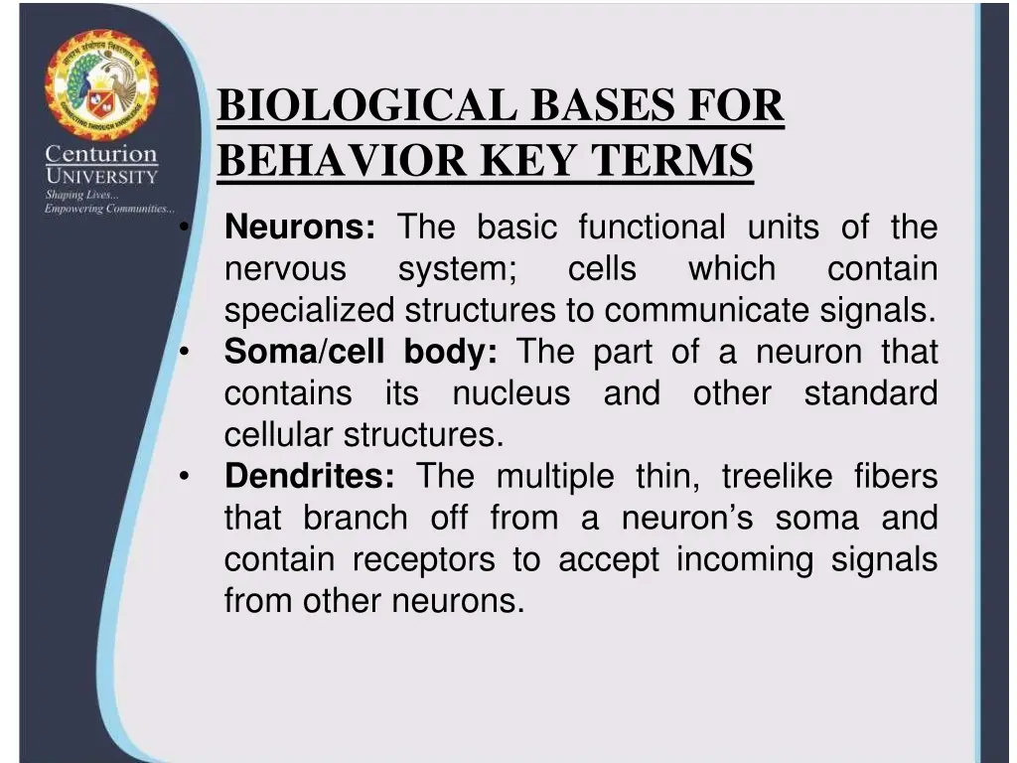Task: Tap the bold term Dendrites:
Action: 310,477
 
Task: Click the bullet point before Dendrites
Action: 185,478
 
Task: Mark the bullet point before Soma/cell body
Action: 185,353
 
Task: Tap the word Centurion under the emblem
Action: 101,155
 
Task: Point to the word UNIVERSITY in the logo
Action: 101,177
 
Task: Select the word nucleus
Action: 510,393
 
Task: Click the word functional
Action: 652,228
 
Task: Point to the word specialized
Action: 309,311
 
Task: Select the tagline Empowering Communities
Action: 107,209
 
